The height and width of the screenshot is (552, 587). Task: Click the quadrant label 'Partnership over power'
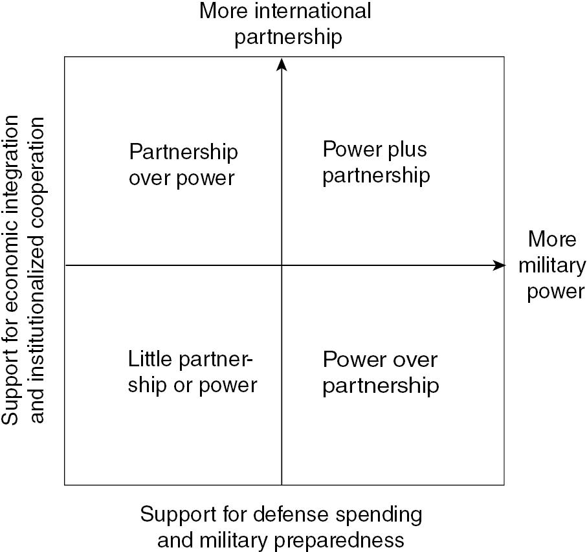pyautogui.click(x=183, y=165)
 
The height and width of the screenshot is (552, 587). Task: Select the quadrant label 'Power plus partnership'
pyautogui.click(x=375, y=162)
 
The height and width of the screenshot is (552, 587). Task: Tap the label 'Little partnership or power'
pyautogui.click(x=192, y=372)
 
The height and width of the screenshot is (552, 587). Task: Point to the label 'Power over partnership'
pyautogui.click(x=381, y=372)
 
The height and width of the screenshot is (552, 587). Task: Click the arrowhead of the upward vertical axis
pyautogui.click(x=282, y=63)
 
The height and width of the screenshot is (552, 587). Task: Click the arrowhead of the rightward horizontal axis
pyautogui.click(x=498, y=265)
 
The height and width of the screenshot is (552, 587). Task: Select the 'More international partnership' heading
pyautogui.click(x=286, y=24)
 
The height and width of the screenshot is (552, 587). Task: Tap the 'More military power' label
pyautogui.click(x=552, y=265)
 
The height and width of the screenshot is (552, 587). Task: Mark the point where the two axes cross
pyautogui.click(x=282, y=265)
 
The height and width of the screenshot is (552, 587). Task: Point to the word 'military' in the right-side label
pyautogui.click(x=552, y=265)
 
